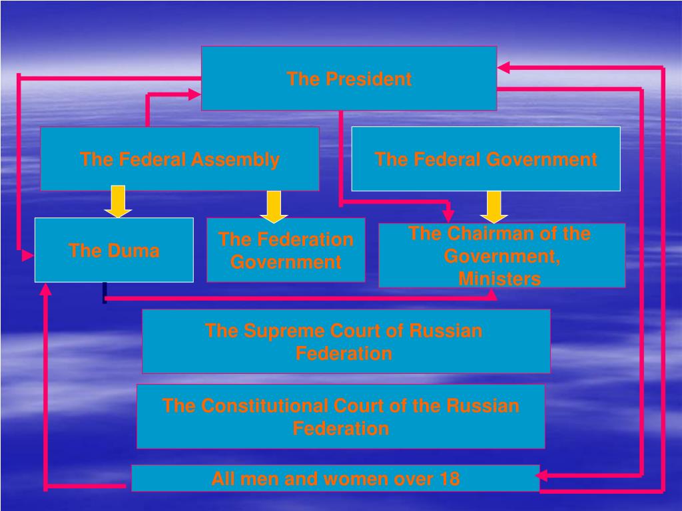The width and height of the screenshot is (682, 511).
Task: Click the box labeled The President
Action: click(x=349, y=78)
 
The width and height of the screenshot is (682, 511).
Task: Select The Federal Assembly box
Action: click(x=180, y=159)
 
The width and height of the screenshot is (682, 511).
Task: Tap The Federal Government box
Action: click(x=486, y=159)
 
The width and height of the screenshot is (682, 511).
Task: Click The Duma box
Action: click(x=114, y=250)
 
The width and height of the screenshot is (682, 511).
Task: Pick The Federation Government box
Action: click(x=286, y=250)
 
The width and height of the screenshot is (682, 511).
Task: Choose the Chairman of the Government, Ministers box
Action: click(x=502, y=255)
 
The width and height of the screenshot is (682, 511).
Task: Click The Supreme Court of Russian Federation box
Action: click(x=346, y=341)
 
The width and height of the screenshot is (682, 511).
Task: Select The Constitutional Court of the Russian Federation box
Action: click(x=340, y=417)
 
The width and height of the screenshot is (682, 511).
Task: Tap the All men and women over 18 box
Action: click(x=335, y=478)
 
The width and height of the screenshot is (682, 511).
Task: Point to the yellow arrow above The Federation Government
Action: click(x=274, y=206)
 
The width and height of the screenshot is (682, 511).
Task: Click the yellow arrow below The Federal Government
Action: click(x=494, y=206)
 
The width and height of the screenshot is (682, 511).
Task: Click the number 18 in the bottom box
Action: click(x=450, y=478)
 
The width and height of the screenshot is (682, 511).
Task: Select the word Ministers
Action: click(x=500, y=279)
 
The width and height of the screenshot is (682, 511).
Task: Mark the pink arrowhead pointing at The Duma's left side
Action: click(x=27, y=254)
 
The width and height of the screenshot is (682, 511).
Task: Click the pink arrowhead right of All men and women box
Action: click(x=542, y=475)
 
